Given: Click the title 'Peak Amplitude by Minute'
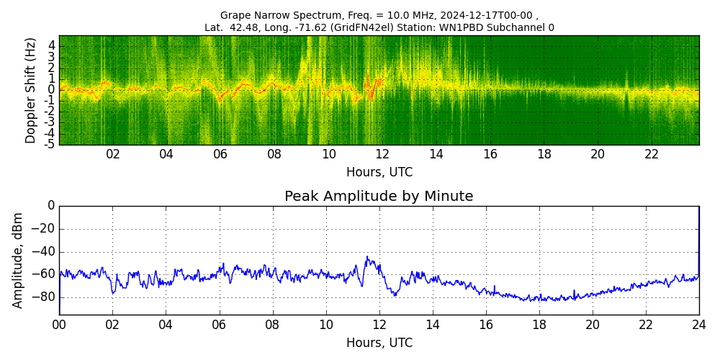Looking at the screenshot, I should (x=379, y=197).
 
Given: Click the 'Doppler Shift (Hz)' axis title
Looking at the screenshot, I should (x=30, y=91).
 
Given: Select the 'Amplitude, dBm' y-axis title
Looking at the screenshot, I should (x=19, y=260).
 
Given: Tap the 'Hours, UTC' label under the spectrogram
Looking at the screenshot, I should (x=379, y=173).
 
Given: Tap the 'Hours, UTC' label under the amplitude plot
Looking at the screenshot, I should (x=379, y=343).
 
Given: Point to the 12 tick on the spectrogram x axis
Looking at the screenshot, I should (x=382, y=154).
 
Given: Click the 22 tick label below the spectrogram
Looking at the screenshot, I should (x=652, y=154).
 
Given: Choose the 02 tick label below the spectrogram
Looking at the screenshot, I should (x=113, y=154).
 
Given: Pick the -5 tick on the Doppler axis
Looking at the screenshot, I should (x=50, y=144).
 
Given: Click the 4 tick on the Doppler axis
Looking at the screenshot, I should (x=52, y=45).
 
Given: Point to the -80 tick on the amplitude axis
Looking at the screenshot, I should (x=45, y=297).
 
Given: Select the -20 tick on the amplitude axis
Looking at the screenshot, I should (x=45, y=229).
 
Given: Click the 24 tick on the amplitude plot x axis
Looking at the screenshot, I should (x=699, y=324).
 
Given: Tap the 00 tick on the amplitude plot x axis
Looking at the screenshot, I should (x=59, y=324).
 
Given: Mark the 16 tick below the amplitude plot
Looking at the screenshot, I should (x=486, y=324).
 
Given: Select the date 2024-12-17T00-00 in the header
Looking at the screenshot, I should (x=490, y=15).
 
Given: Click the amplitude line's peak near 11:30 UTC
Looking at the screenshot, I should (x=367, y=257).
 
